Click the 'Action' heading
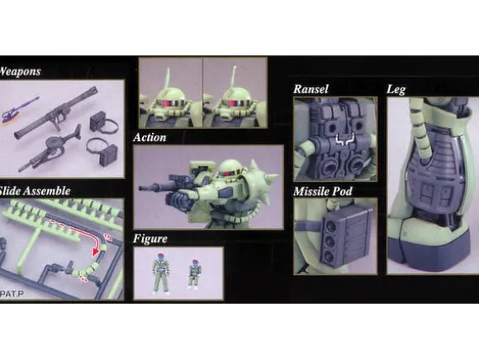pyautogui.click(x=149, y=137)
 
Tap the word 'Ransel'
pyautogui.click(x=311, y=89)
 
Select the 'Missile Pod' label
pyautogui.click(x=323, y=192)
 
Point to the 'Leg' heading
pyautogui.click(x=396, y=89)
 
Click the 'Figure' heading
pyautogui.click(x=150, y=239)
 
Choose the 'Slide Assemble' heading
pyautogui.click(x=35, y=191)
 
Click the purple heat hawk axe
pyautogui.click(x=19, y=110)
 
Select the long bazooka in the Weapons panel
pyautogui.click(x=56, y=112)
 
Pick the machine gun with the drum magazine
pyautogui.click(x=50, y=148)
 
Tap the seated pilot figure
pyautogui.click(x=194, y=274)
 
